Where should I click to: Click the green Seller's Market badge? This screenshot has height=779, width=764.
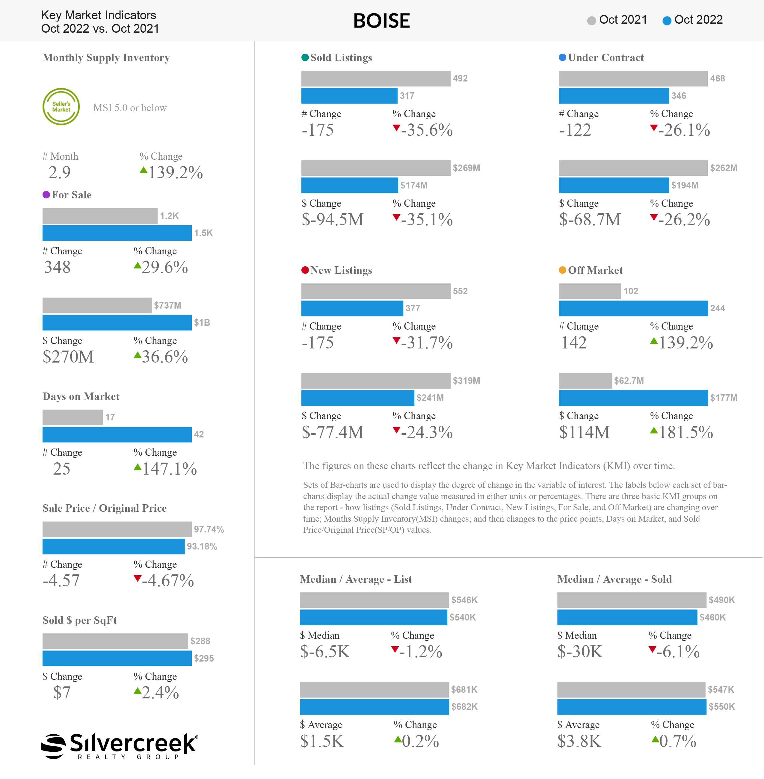pyautogui.click(x=61, y=107)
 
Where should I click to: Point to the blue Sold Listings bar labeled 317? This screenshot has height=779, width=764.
pyautogui.click(x=349, y=96)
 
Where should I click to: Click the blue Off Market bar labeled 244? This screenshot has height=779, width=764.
pyautogui.click(x=633, y=308)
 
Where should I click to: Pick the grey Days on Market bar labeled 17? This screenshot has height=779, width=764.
pyautogui.click(x=73, y=417)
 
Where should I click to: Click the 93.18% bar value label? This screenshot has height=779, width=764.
pyautogui.click(x=202, y=546)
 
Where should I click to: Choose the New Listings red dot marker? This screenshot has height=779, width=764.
pyautogui.click(x=305, y=270)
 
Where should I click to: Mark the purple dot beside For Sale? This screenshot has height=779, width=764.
pyautogui.click(x=46, y=195)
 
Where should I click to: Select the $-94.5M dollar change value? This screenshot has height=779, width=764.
pyautogui.click(x=333, y=220)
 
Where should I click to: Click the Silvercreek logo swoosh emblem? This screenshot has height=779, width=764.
pyautogui.click(x=53, y=746)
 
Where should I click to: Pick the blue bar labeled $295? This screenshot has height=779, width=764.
pyautogui.click(x=117, y=659)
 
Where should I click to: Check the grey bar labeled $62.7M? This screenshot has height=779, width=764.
pyautogui.click(x=585, y=381)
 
